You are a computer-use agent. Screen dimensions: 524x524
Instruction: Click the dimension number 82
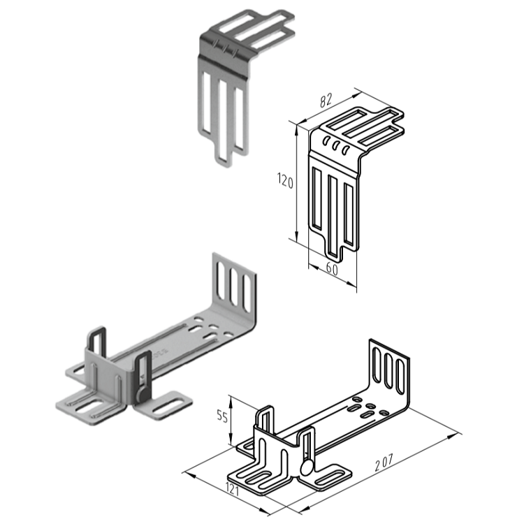coord(326,101)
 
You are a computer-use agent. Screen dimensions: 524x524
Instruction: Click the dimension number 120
coord(285,182)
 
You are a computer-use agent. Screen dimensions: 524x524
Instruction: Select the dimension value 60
coord(332,270)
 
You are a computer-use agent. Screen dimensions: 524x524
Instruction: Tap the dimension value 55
coord(222,416)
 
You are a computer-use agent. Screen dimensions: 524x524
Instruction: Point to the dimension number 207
coord(384,463)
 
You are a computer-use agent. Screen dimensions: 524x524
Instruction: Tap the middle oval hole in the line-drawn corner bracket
coord(336,145)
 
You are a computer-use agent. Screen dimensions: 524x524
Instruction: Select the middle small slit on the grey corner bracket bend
coord(226,49)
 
